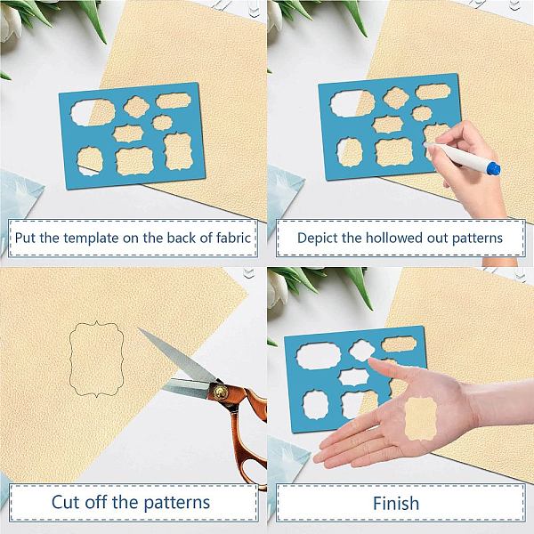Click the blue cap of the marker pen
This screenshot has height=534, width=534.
tap(493, 168)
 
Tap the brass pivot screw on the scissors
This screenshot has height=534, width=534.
tap(219, 391)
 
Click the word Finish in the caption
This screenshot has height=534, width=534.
tap(396, 503)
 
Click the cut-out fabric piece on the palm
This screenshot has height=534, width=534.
tap(421, 418)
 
